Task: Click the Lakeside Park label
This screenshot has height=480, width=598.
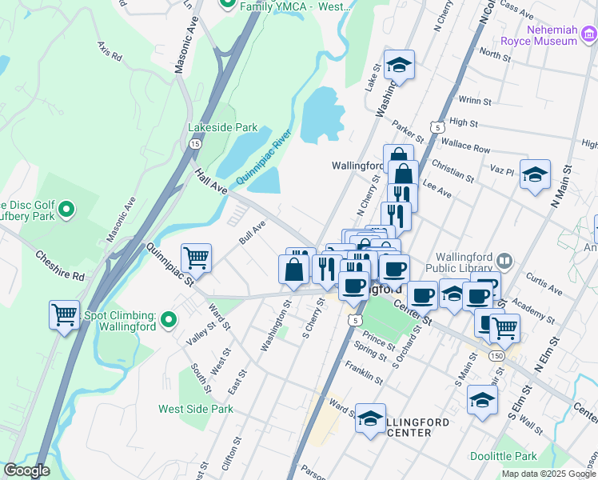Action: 222,127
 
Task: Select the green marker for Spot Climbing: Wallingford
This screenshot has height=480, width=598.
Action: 168,321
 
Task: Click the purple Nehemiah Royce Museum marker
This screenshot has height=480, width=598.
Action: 589,33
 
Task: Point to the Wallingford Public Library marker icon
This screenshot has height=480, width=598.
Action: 504,260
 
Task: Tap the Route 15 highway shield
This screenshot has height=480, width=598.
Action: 195,143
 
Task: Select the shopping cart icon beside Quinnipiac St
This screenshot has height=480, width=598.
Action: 196,258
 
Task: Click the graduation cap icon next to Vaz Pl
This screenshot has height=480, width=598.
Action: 535,174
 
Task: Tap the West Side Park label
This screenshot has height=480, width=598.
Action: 196,409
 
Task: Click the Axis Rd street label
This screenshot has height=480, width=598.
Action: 110,52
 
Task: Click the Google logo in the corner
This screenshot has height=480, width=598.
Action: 26,470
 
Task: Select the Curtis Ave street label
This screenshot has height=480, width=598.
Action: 544,286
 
